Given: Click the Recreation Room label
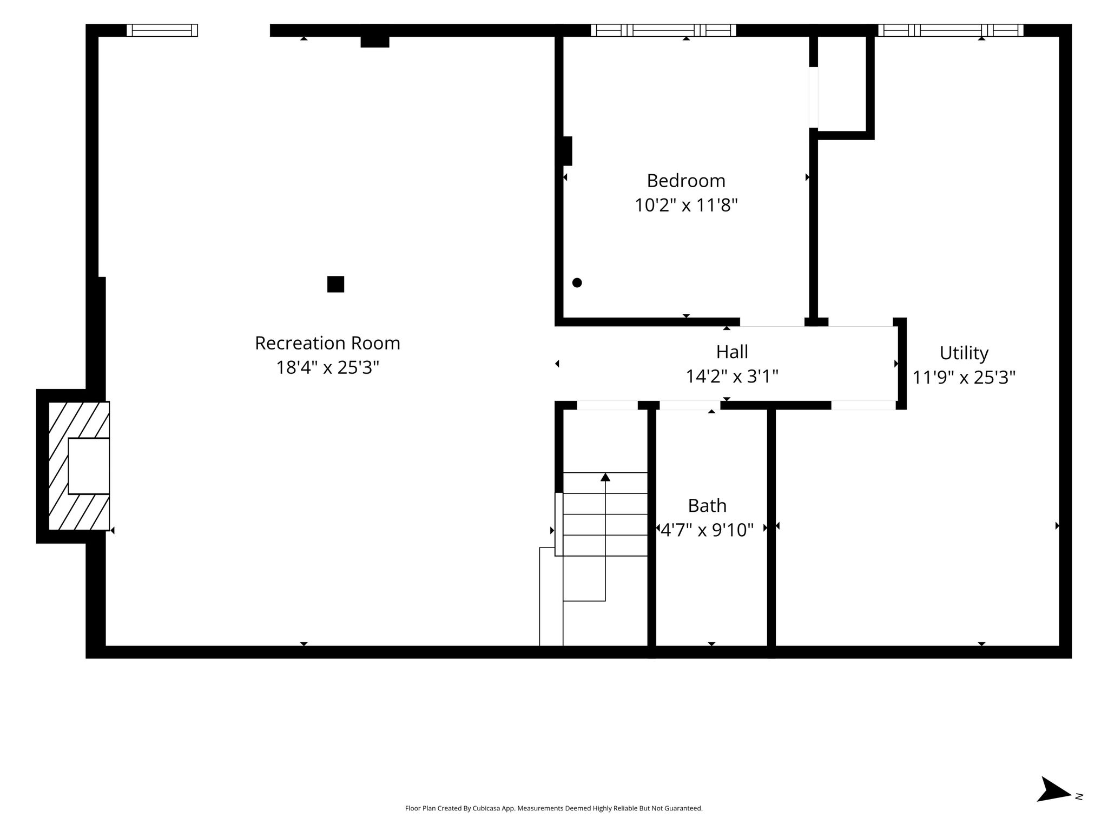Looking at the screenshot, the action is [x=327, y=343].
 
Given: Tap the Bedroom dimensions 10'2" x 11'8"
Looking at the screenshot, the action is [x=686, y=206].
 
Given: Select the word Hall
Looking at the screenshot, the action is [x=732, y=352].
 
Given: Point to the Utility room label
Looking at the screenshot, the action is [x=964, y=353].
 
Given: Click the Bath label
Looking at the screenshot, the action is [x=707, y=505].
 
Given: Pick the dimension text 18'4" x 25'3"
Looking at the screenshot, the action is [x=327, y=368].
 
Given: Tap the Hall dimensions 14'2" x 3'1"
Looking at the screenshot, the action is [x=732, y=377].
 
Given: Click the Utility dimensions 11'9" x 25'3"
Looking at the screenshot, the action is [x=964, y=378].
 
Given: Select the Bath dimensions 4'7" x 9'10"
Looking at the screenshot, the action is [x=707, y=530].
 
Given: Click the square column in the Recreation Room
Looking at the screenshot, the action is [x=335, y=284].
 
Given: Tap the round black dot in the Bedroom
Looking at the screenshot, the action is [x=577, y=282].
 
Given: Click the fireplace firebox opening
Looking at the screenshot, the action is [x=89, y=466].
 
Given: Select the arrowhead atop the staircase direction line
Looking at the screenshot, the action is [x=605, y=477].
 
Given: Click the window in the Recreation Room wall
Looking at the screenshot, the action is [x=162, y=30].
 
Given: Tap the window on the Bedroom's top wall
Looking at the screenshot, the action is [x=663, y=30].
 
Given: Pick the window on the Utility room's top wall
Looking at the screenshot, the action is [x=951, y=30].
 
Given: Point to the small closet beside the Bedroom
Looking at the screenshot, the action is [x=842, y=84].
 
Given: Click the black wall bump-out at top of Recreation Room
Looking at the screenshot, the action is [x=375, y=42].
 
